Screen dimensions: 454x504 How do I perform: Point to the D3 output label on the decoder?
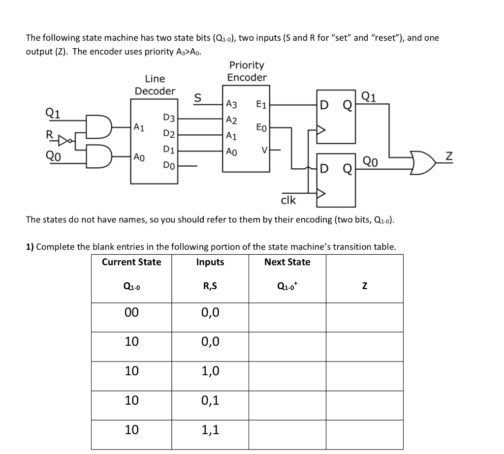point(168,118)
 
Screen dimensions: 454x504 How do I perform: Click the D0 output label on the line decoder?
point(168,166)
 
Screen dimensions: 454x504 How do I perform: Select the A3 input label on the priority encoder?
point(231,104)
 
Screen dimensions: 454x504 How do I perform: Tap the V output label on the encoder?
point(265,150)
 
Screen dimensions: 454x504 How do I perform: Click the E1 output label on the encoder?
point(262,104)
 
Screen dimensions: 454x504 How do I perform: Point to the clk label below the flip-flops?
point(288,200)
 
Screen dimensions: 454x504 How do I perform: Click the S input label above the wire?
point(198,97)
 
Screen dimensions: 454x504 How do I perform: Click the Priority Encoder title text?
point(247,71)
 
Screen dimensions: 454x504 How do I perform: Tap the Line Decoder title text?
point(155,85)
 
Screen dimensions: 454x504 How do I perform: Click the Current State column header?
point(131,262)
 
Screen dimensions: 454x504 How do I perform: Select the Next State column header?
point(287,262)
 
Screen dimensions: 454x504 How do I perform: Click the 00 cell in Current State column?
point(131,312)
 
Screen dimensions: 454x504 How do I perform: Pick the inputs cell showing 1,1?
point(210,430)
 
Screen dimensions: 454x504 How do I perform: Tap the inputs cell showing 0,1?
point(210,400)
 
